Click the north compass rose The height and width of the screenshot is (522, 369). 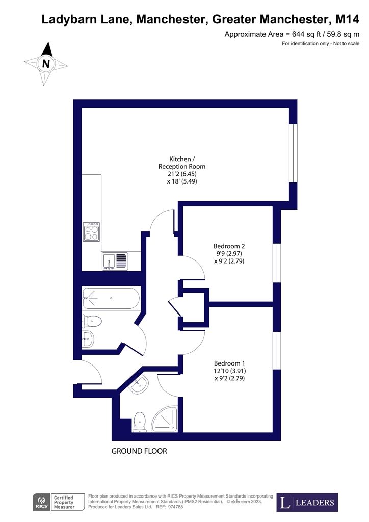click(46, 64)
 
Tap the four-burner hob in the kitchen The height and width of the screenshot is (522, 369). click(92, 232)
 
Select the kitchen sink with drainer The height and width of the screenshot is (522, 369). click(115, 260)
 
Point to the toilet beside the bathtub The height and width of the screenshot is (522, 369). click(92, 321)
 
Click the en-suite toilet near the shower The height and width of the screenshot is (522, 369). click(140, 423)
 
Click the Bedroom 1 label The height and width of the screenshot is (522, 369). click(226, 363)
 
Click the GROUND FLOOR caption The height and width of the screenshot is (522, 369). click(139, 451)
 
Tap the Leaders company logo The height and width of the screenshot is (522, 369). click(307, 503)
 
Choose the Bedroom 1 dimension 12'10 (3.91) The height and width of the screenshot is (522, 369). click(226, 371)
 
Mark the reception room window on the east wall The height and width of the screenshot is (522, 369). click(293, 153)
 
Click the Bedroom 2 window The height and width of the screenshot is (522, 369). click(277, 263)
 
